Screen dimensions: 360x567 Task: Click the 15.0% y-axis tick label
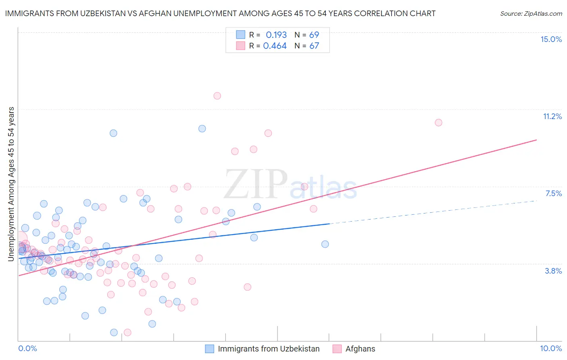pyautogui.click(x=551, y=39)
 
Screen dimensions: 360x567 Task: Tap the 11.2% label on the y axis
pyautogui.click(x=552, y=116)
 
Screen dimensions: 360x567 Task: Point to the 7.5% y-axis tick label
pyautogui.click(x=553, y=193)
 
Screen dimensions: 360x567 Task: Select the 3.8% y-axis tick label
pyautogui.click(x=553, y=271)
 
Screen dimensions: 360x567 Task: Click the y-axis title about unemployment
pyautogui.click(x=11, y=184)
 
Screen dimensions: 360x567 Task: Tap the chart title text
pyautogui.click(x=220, y=13)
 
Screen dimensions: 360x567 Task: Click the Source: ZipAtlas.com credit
pyautogui.click(x=531, y=14)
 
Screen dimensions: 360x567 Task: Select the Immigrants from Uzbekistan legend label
pyautogui.click(x=269, y=349)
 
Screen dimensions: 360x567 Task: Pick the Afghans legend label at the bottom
pyautogui.click(x=360, y=349)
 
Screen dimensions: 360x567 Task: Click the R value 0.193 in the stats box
pyautogui.click(x=276, y=35)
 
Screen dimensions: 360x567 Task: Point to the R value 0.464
pyautogui.click(x=275, y=46)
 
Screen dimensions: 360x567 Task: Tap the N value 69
pyautogui.click(x=314, y=35)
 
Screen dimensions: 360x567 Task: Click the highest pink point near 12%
pyautogui.click(x=217, y=96)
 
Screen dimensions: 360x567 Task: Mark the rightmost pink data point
pyautogui.click(x=438, y=122)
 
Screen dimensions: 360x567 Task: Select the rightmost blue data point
pyautogui.click(x=325, y=244)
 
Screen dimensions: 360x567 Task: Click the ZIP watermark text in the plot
pyautogui.click(x=256, y=184)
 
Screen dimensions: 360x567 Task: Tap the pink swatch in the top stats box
pyautogui.click(x=241, y=46)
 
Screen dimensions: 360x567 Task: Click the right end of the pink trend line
pyautogui.click(x=536, y=140)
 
